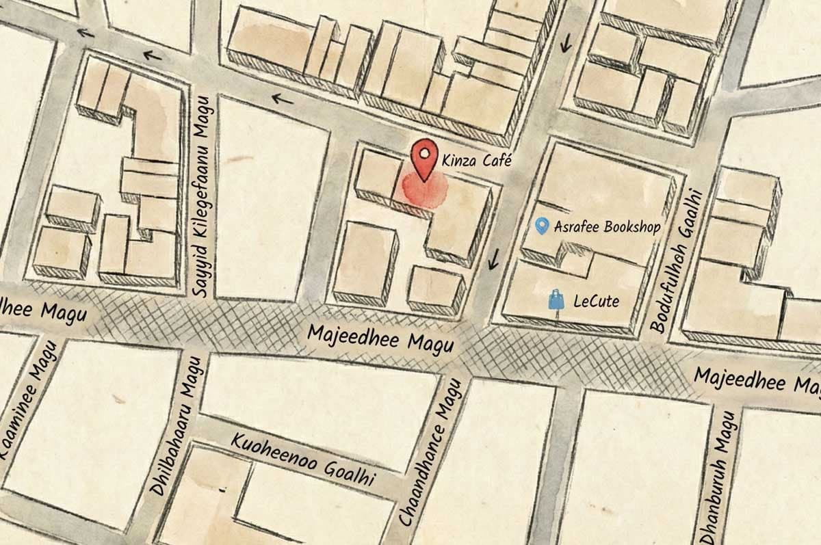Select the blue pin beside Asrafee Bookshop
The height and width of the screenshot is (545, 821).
[x=542, y=226]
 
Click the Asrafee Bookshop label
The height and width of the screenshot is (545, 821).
[x=606, y=226]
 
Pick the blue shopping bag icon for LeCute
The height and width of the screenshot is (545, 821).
[x=558, y=300]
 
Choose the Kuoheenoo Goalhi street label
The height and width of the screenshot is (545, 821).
[x=303, y=460]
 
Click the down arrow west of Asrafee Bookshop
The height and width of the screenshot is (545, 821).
[x=493, y=259]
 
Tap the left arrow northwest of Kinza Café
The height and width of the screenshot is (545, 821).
[x=281, y=100]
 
